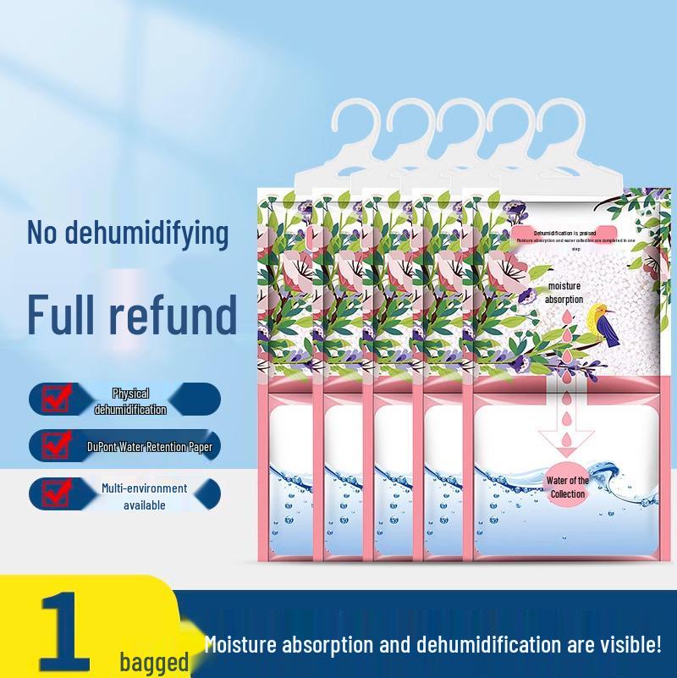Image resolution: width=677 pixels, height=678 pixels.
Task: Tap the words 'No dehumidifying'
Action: coord(128,233)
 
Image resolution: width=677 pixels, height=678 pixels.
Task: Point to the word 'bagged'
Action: coord(153,661)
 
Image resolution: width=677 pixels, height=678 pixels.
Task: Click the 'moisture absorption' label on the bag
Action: coord(564,293)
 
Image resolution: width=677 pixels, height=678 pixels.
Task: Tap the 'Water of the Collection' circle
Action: coord(567,488)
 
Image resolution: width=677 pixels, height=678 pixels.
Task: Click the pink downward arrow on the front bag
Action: coord(564,433)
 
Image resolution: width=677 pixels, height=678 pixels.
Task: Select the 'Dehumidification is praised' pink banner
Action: coord(564,232)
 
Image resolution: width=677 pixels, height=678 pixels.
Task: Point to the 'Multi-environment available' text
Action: coord(144,497)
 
